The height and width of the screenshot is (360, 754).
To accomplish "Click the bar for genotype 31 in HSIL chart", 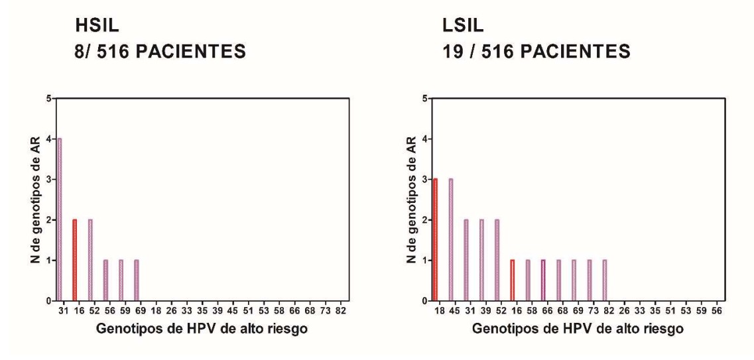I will point(60,219).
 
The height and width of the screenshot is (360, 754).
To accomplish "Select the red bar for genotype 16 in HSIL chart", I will point(75,260).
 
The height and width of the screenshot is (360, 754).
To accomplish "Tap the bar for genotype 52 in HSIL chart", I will point(90,260).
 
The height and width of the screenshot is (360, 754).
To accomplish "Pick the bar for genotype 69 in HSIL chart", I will point(136,280).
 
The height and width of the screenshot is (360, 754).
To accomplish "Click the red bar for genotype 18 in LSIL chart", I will point(435,240).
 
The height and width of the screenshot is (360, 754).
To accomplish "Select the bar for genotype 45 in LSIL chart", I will point(451,240).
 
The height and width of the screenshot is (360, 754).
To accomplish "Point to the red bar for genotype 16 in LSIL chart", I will point(513,280).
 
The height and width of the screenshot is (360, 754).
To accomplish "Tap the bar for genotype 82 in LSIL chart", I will point(605,280).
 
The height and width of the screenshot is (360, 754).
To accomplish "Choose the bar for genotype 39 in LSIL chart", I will point(481,260).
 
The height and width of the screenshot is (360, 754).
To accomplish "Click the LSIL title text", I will point(463,27).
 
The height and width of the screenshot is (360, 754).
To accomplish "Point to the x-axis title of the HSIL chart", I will point(202,330).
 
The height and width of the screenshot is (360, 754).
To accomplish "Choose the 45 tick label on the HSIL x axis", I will point(233,310).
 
